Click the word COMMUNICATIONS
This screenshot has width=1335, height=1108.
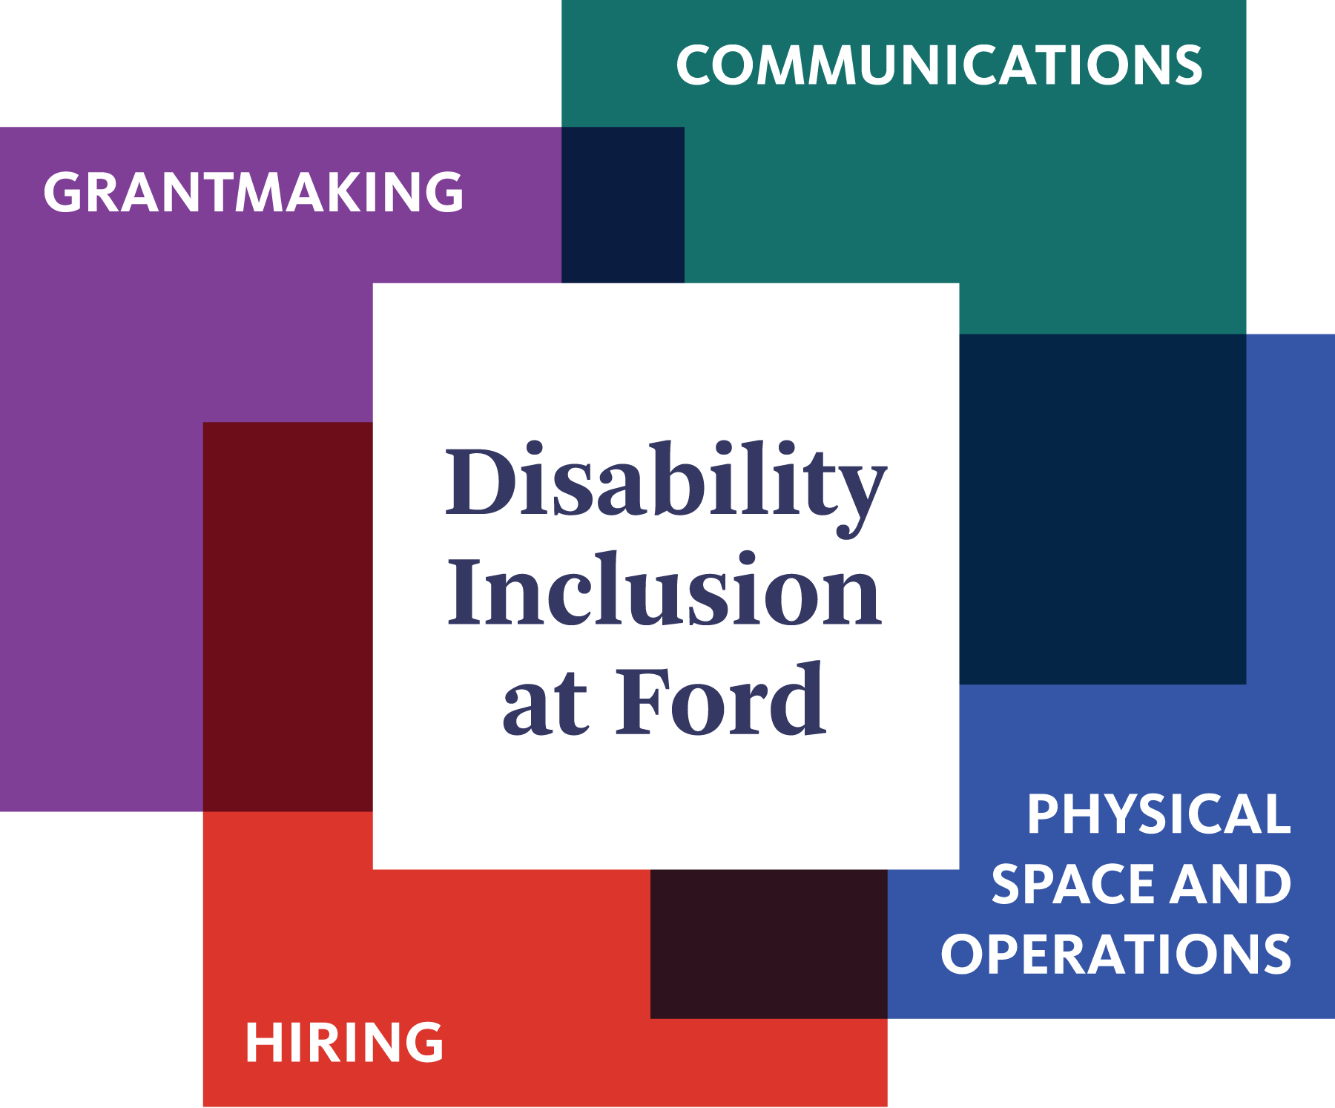click(x=939, y=65)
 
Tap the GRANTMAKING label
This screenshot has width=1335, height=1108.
click(x=254, y=193)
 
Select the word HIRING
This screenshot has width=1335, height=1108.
click(x=345, y=1043)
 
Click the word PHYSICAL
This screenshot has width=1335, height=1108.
click(x=1158, y=814)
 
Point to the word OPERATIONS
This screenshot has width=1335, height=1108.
click(x=1116, y=954)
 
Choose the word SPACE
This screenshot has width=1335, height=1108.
click(x=1075, y=884)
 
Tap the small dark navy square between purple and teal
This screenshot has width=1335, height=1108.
click(x=623, y=205)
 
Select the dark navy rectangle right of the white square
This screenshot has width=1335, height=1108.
click(x=1102, y=509)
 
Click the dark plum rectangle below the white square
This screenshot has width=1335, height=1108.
click(x=768, y=943)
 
